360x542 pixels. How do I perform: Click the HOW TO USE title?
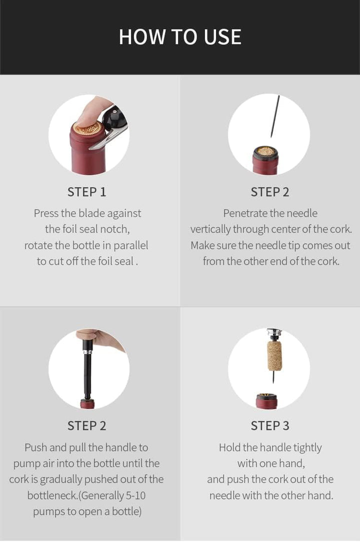(180, 37)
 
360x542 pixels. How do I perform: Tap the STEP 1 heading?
(86, 192)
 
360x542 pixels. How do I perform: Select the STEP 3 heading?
(269, 425)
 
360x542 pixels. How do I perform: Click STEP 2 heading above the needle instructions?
(269, 192)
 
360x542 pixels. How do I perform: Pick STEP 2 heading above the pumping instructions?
(86, 425)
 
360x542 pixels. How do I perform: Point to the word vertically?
(211, 229)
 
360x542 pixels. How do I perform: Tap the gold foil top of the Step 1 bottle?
(87, 129)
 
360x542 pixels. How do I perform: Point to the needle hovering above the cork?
(275, 116)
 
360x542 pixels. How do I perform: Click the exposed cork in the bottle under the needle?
(265, 150)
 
